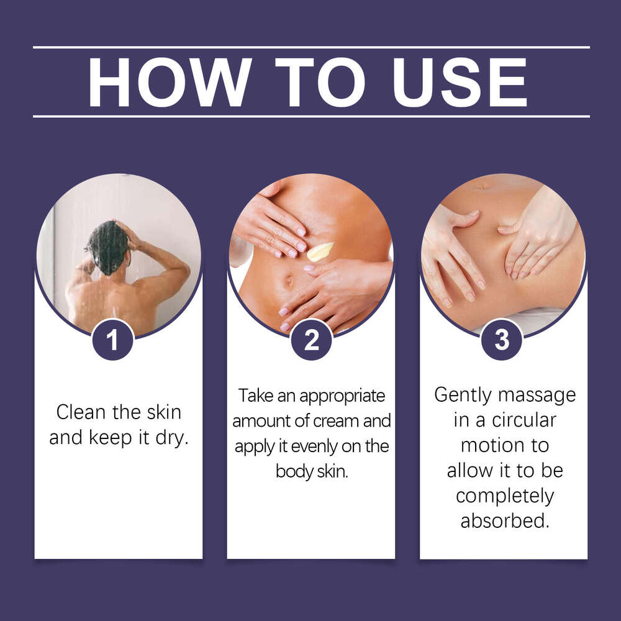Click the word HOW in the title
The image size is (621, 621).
click(168, 82)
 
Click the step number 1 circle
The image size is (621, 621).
click(112, 340)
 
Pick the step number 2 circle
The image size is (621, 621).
click(310, 340)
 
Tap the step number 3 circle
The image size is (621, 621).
click(502, 340)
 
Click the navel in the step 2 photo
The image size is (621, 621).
click(289, 281)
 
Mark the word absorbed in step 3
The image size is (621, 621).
click(505, 520)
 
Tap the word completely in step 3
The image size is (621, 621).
click(504, 496)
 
